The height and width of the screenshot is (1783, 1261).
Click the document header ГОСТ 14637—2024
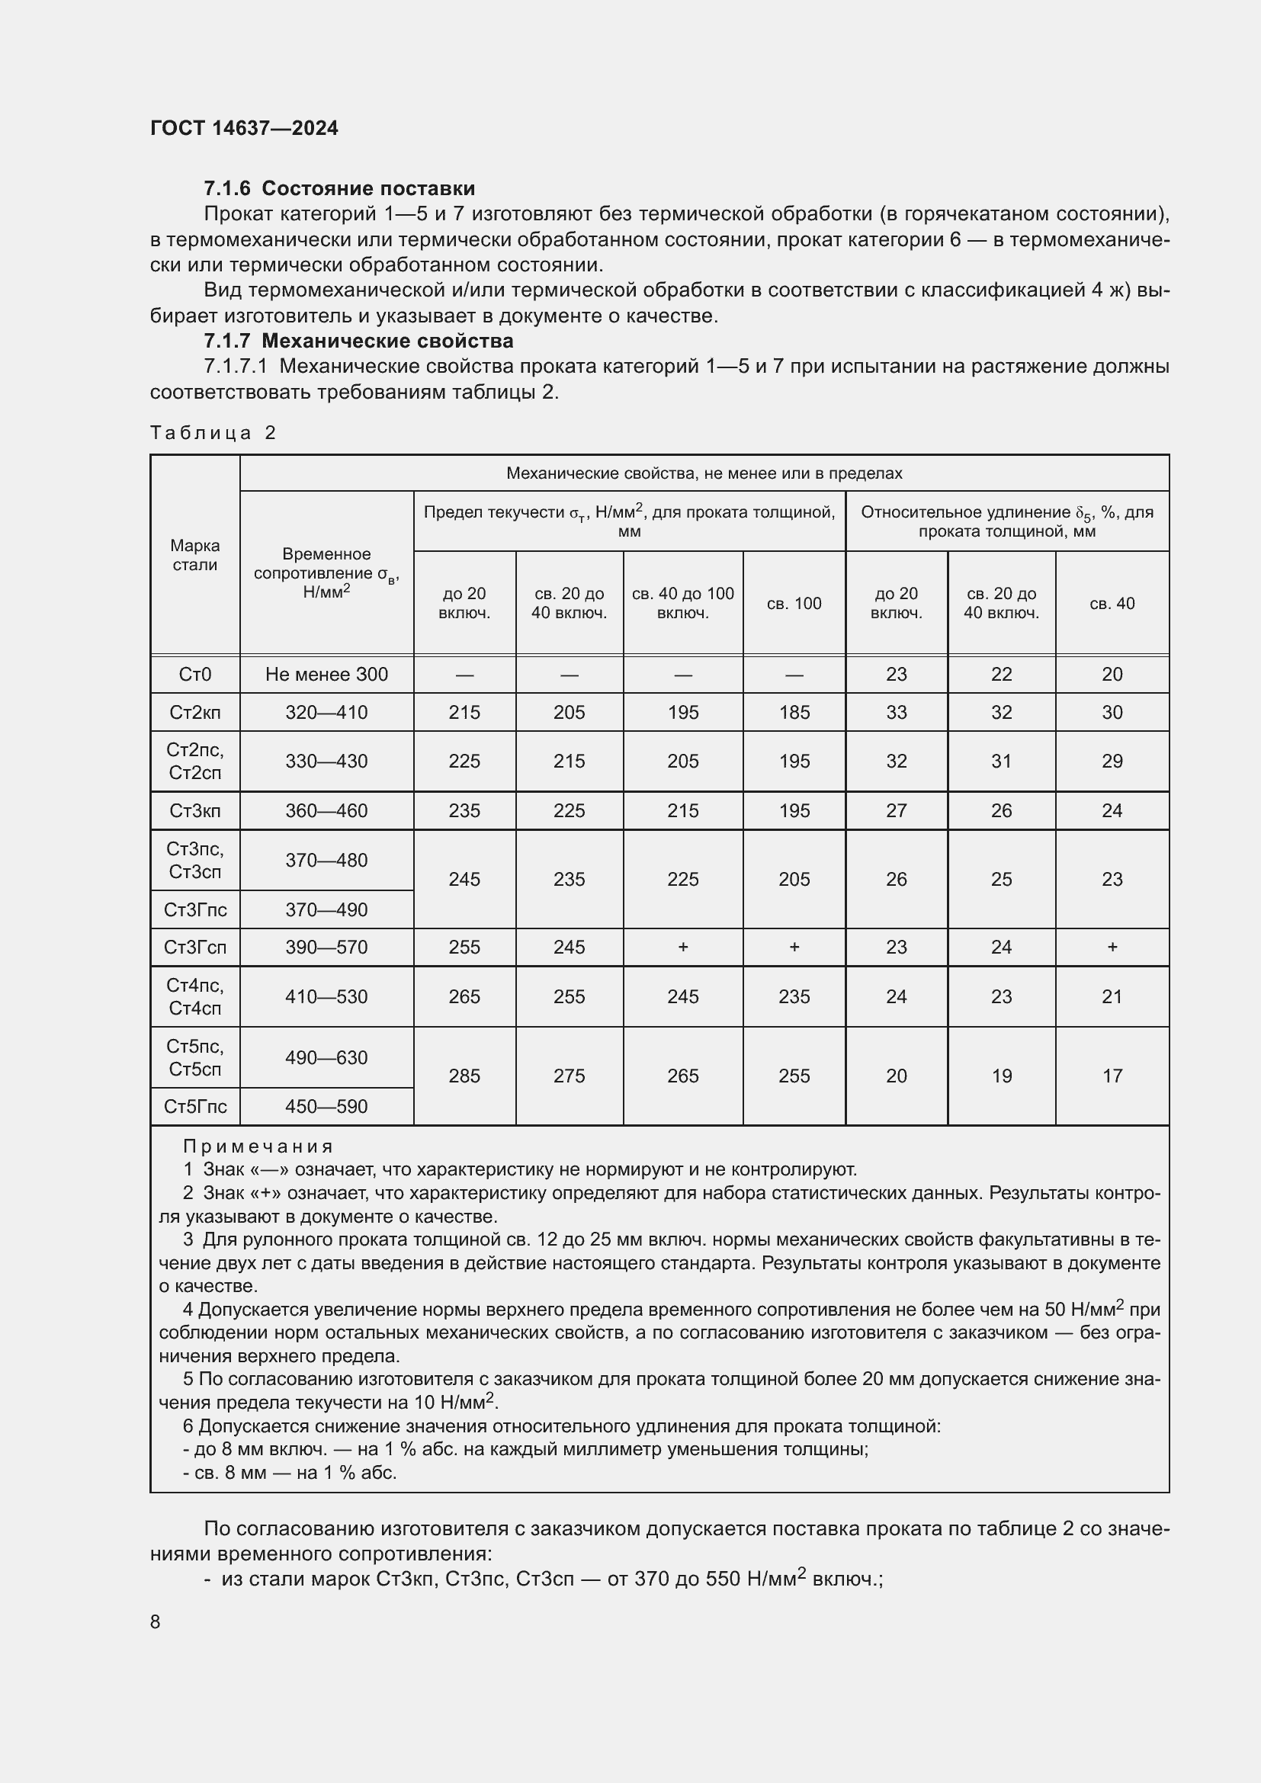(244, 128)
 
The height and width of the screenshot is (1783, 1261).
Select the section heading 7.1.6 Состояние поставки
(339, 189)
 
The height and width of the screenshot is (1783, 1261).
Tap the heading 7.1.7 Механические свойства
(358, 341)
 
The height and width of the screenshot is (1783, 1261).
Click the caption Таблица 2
(213, 432)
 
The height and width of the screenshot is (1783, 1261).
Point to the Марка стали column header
(195, 555)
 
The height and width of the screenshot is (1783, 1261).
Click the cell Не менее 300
(326, 674)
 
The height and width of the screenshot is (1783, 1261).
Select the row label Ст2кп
(195, 712)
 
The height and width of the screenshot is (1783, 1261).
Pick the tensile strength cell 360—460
(326, 811)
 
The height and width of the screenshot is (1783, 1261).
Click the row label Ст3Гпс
(195, 909)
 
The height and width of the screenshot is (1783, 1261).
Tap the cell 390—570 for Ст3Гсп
(326, 948)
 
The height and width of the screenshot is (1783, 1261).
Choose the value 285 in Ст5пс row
(464, 1076)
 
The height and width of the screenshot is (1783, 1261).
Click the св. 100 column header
(794, 604)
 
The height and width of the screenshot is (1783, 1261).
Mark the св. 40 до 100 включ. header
(682, 604)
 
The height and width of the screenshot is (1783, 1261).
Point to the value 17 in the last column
(1112, 1076)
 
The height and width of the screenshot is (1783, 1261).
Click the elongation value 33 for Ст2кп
(896, 712)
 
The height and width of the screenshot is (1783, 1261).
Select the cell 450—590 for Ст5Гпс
(326, 1107)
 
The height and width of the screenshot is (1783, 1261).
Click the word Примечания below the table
(258, 1146)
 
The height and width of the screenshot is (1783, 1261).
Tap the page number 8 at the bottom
(156, 1621)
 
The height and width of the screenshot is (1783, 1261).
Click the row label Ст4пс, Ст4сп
(195, 996)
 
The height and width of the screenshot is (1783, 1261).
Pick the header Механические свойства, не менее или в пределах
(704, 473)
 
